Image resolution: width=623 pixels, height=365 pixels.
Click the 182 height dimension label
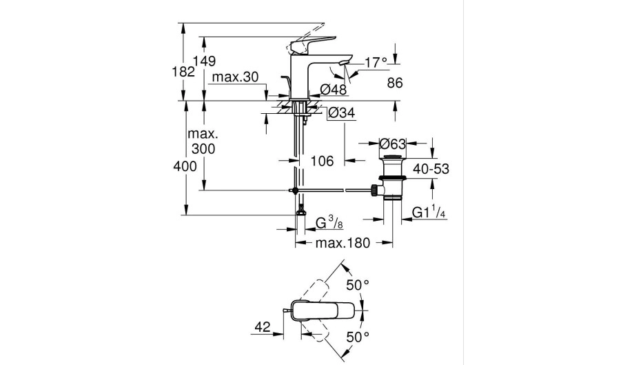point(183,72)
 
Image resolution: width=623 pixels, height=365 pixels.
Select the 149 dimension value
point(204,61)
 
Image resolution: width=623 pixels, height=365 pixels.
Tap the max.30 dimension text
point(235,77)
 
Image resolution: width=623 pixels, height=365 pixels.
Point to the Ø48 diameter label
point(334,89)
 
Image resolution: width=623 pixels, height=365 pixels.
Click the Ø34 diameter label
point(341,113)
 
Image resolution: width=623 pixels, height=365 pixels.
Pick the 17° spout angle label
point(376,62)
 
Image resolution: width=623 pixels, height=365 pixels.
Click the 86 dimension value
point(395,83)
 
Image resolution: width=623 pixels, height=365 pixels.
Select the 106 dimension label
point(322,161)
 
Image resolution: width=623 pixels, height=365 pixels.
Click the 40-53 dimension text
point(431,169)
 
